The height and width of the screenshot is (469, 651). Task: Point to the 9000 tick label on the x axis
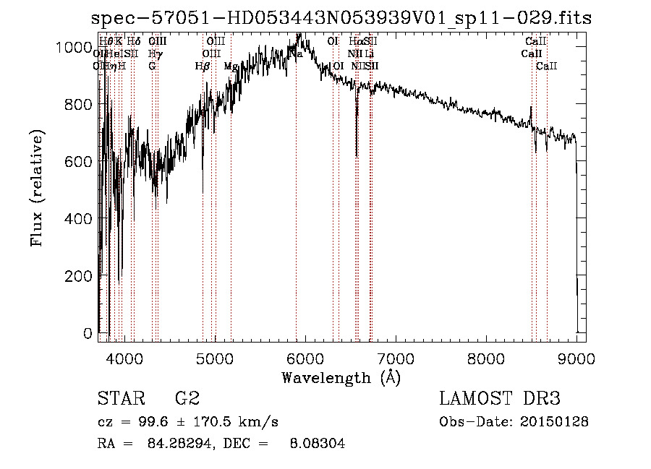click(576, 358)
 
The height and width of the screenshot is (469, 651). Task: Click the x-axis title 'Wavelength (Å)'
click(341, 377)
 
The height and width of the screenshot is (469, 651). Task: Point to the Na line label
click(296, 53)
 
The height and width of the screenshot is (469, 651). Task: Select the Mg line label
click(231, 66)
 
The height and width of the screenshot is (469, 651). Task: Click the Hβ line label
click(203, 66)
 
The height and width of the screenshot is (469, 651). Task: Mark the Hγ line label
click(154, 53)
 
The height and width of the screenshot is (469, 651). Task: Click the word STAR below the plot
click(119, 399)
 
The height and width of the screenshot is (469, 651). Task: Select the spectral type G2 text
click(187, 399)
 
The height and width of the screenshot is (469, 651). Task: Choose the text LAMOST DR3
click(500, 399)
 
